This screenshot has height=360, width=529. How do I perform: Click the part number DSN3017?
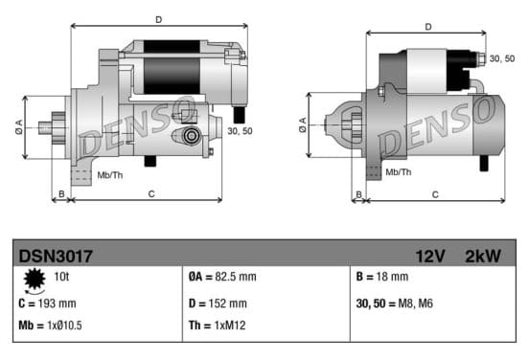pyautogui.click(x=56, y=257)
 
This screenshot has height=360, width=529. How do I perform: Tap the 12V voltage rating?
pyautogui.click(x=430, y=257)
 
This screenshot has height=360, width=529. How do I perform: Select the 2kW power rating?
pyautogui.click(x=483, y=257)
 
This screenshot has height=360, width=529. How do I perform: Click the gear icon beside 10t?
pyautogui.click(x=34, y=280)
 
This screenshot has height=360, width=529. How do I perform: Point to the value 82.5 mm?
pyautogui.click(x=236, y=277)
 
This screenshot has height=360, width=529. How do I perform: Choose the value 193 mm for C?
pyautogui.click(x=57, y=304)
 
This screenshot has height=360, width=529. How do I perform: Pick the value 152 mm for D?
pyautogui.click(x=227, y=304)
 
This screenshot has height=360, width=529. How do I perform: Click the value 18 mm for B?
pyautogui.click(x=392, y=277)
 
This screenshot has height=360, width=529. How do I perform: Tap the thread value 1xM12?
pyautogui.click(x=230, y=326)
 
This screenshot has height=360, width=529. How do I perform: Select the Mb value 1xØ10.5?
pyautogui.click(x=64, y=326)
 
